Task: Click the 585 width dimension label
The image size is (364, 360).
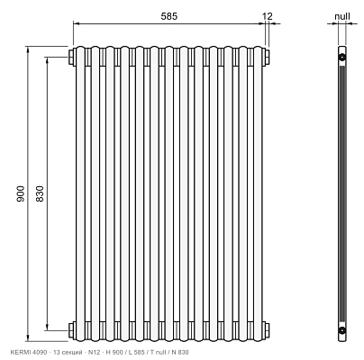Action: click(x=169, y=16)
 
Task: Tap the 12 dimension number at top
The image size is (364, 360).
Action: click(x=267, y=16)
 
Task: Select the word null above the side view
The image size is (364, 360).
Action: click(x=342, y=16)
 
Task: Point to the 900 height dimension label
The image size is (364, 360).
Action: click(x=21, y=193)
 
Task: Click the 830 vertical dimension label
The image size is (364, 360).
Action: click(x=40, y=193)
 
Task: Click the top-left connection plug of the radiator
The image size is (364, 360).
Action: click(x=72, y=57)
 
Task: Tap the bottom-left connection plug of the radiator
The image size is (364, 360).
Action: click(x=72, y=330)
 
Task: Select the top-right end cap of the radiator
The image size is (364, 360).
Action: click(x=267, y=57)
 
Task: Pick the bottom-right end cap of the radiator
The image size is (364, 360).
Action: click(x=267, y=330)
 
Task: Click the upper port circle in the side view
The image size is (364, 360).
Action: click(x=342, y=57)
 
